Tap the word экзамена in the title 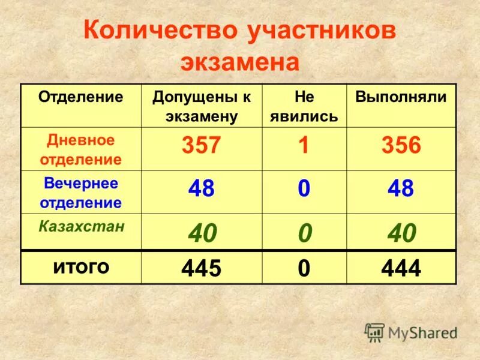click(239, 63)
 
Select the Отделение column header click(81, 97)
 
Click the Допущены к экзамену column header click(202, 106)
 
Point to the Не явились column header click(304, 106)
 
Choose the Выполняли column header click(401, 97)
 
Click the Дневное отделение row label click(81, 149)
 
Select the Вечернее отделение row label click(81, 193)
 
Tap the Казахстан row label click(82, 226)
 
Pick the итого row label click(82, 266)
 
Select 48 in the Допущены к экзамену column click(202, 190)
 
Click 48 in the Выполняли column click(401, 190)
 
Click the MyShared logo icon click(374, 332)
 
